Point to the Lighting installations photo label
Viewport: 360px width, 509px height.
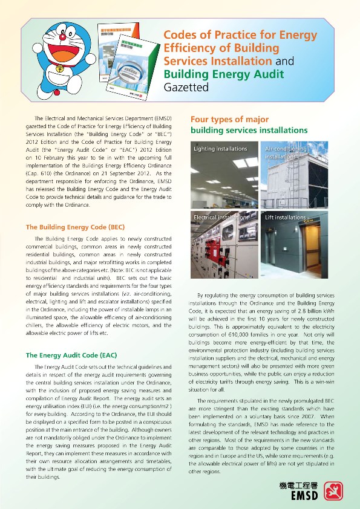(220, 149)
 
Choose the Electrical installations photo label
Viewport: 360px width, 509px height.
(221, 217)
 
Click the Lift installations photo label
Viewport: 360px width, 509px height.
(286, 217)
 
